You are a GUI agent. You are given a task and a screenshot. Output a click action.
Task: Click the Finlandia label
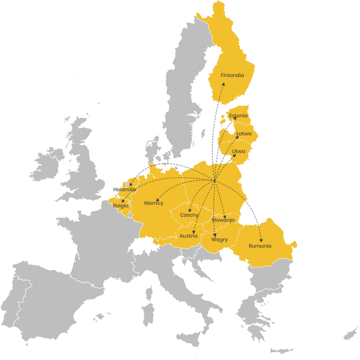point(232,76)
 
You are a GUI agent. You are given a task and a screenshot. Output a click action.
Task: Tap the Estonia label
point(238,116)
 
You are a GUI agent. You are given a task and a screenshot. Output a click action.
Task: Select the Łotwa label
point(244,134)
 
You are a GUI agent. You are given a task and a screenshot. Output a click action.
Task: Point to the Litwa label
point(238,151)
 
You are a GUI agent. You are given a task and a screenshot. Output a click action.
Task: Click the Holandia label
point(125,189)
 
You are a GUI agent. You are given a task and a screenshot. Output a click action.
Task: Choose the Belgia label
point(120,206)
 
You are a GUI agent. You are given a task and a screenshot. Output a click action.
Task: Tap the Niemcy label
point(154,203)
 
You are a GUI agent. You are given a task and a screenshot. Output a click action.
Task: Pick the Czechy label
point(189,215)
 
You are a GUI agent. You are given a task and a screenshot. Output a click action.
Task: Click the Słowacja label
point(223,220)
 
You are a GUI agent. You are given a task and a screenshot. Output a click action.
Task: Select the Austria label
point(189,236)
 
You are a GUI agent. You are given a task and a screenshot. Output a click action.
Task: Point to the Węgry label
point(220,240)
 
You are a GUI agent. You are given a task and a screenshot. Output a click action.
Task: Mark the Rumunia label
point(260,246)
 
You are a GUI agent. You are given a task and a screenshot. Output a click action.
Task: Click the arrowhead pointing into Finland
point(224,84)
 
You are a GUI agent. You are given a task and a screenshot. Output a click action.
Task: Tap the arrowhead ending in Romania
point(261,240)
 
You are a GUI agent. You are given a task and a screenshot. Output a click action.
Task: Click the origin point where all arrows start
point(215,181)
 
